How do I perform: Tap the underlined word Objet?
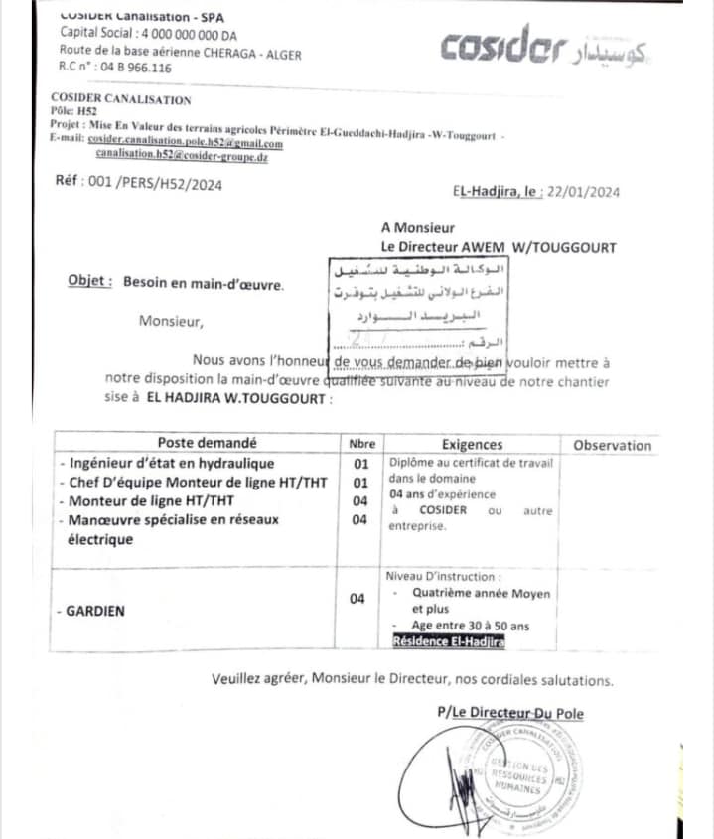(89, 282)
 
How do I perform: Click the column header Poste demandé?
(207, 444)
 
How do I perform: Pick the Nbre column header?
(361, 444)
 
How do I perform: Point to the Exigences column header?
(472, 445)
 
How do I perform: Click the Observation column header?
(612, 445)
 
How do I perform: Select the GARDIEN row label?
(95, 611)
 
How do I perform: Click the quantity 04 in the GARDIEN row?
(357, 598)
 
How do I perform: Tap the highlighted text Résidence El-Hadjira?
(449, 642)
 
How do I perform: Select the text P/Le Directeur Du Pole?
(510, 713)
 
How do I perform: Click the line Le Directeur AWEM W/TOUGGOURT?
(499, 247)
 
